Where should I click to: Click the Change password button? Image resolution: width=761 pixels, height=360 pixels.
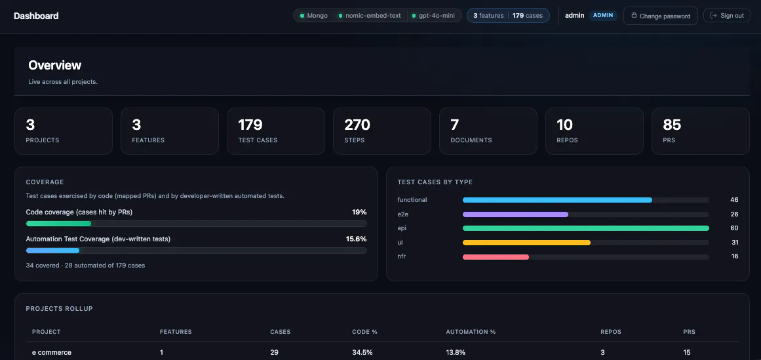click(x=661, y=16)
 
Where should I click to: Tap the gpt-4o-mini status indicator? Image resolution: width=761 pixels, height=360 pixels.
click(x=433, y=16)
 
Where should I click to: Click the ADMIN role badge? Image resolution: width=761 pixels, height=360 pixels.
click(x=603, y=16)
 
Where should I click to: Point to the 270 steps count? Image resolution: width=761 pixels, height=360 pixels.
click(x=357, y=125)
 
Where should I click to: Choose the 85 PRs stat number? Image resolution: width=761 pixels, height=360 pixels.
click(x=673, y=125)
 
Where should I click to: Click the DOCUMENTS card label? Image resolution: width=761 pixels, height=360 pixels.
click(x=471, y=140)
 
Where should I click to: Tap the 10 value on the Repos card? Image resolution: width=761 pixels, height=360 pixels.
click(x=565, y=125)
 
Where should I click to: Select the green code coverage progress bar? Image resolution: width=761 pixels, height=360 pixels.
click(x=59, y=224)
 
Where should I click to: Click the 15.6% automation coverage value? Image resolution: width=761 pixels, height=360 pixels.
click(x=356, y=239)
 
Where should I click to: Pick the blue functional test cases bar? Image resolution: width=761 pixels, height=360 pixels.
click(x=557, y=200)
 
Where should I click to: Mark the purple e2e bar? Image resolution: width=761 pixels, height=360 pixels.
click(x=515, y=214)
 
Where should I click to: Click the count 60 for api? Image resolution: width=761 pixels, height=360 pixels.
click(x=734, y=228)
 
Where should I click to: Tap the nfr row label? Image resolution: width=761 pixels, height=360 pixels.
click(x=401, y=256)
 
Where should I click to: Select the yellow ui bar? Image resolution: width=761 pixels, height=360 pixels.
click(x=526, y=243)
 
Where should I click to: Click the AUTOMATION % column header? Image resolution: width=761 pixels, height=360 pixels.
click(x=471, y=332)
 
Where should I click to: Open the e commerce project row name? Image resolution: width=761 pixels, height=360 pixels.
click(x=51, y=352)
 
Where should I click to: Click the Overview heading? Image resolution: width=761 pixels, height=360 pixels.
click(x=55, y=65)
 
